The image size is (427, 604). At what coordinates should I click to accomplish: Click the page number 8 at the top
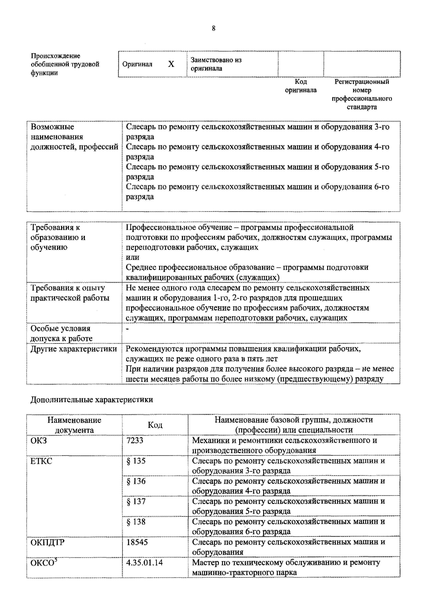click(x=213, y=28)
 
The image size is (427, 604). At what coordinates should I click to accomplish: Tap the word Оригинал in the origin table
click(x=137, y=64)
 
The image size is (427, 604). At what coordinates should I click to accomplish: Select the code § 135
click(x=136, y=461)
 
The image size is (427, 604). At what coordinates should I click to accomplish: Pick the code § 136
click(x=136, y=481)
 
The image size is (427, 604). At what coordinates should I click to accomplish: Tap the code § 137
click(x=136, y=501)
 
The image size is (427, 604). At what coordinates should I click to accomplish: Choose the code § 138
click(x=136, y=522)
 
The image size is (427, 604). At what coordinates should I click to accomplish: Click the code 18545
click(x=137, y=542)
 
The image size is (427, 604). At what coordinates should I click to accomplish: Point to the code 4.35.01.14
click(x=144, y=563)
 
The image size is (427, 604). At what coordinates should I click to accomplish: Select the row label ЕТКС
click(x=41, y=461)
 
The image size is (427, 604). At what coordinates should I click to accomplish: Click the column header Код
click(x=155, y=425)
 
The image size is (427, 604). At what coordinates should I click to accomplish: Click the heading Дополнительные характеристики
click(x=92, y=400)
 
